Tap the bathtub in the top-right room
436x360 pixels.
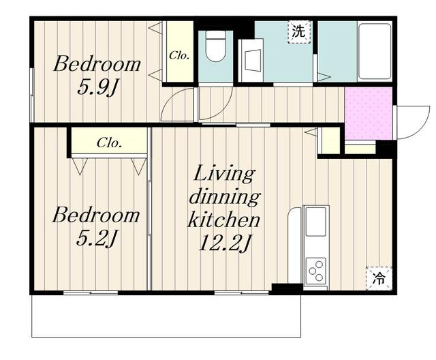[375, 52]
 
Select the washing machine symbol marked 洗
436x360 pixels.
[298, 32]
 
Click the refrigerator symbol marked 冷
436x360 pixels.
[379, 278]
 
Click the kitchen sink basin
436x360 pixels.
[316, 222]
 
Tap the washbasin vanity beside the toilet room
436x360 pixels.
[251, 61]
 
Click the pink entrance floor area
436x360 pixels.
[368, 113]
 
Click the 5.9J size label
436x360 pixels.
[96, 87]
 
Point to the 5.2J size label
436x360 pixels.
[95, 239]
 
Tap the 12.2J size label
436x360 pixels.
[224, 243]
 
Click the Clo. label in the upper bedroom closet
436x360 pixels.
[179, 55]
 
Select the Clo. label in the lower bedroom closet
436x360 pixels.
[109, 143]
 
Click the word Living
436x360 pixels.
[224, 173]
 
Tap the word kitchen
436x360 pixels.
[224, 220]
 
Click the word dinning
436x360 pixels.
[225, 196]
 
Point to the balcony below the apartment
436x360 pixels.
[166, 316]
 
